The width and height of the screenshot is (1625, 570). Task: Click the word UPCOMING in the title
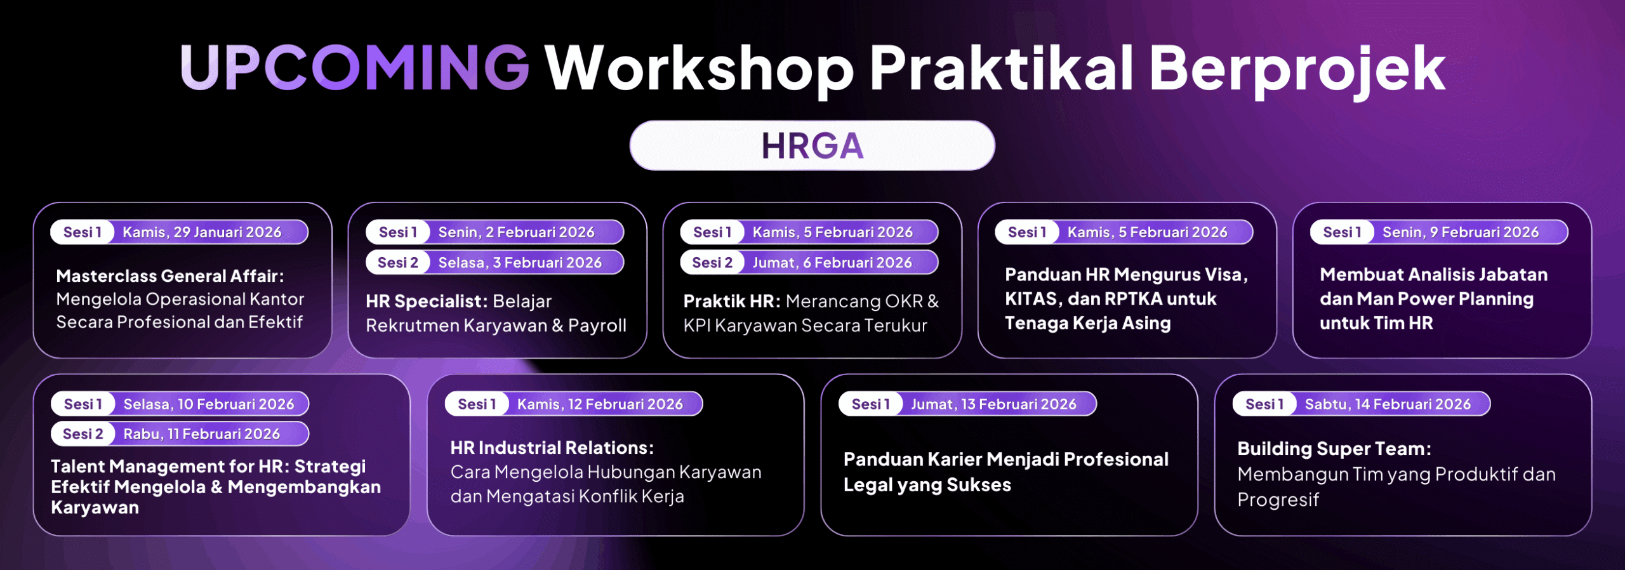(x=354, y=67)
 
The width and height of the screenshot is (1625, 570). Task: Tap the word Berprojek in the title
(x=1297, y=70)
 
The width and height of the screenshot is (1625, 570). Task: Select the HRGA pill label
(x=812, y=145)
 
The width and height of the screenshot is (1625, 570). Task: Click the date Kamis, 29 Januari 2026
(x=202, y=232)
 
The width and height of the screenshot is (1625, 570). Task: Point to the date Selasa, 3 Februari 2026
(x=520, y=263)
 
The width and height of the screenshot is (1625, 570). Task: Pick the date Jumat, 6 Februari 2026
(x=832, y=263)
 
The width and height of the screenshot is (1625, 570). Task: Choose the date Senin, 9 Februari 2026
(x=1461, y=232)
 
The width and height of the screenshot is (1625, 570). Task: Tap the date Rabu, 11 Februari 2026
(x=202, y=434)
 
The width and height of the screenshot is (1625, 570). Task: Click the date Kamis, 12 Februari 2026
(x=600, y=404)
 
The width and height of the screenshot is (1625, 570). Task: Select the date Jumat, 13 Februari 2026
(x=994, y=404)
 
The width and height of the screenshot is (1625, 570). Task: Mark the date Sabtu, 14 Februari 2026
(x=1388, y=404)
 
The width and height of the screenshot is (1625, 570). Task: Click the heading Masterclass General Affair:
(x=170, y=276)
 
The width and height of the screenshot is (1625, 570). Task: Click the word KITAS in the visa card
(x=1031, y=299)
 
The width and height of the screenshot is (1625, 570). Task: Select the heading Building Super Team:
(x=1334, y=449)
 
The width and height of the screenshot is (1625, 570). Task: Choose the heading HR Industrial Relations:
(x=552, y=448)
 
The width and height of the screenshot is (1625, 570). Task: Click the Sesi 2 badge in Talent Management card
(x=83, y=434)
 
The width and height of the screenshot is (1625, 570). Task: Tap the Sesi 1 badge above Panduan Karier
(x=870, y=404)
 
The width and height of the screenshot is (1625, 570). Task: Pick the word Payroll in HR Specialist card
(x=597, y=326)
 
